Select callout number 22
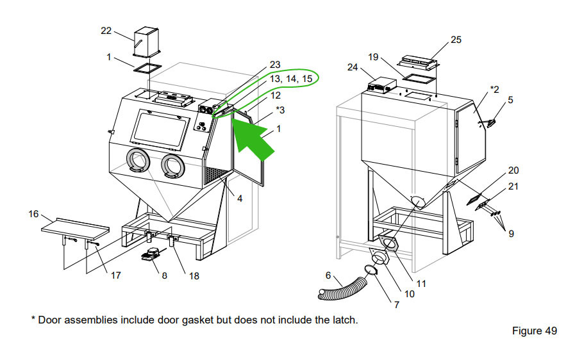(106, 30)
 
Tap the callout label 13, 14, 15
(290, 78)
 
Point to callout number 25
(456, 40)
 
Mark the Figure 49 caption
(533, 331)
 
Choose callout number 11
(421, 282)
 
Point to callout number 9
(511, 234)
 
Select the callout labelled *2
(494, 88)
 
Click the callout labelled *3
(280, 110)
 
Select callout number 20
(513, 170)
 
